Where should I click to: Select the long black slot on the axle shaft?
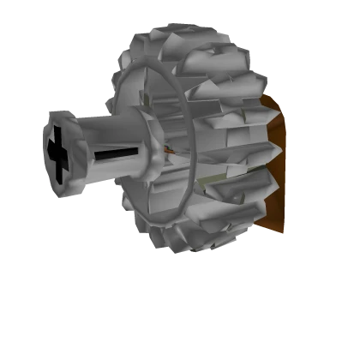[116, 158]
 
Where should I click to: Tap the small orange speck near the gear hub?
[170, 153]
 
